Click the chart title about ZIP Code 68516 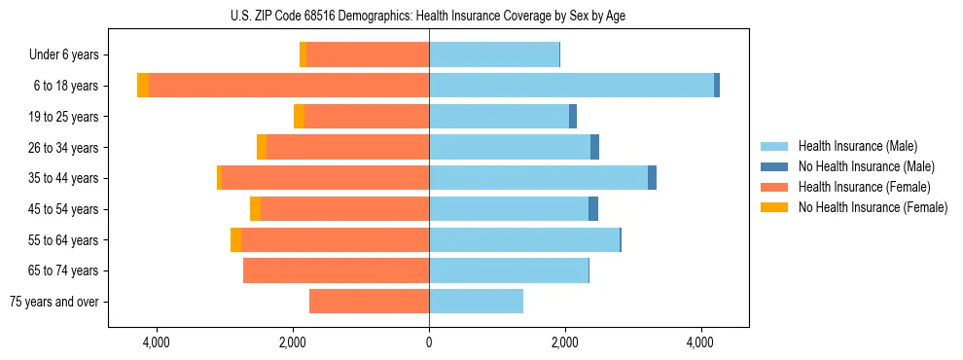pyautogui.click(x=428, y=15)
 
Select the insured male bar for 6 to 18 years pyautogui.click(x=571, y=86)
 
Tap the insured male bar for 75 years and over pyautogui.click(x=476, y=302)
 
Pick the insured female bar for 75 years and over pyautogui.click(x=369, y=302)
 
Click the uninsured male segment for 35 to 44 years pyautogui.click(x=652, y=178)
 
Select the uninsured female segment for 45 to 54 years pyautogui.click(x=255, y=209)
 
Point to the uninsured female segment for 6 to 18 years pyautogui.click(x=143, y=86)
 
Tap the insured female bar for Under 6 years pyautogui.click(x=368, y=54)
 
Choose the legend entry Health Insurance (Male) pyautogui.click(x=857, y=146)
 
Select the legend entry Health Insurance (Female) pyautogui.click(x=864, y=187)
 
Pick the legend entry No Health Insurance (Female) pyautogui.click(x=873, y=207)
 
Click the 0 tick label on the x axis pyautogui.click(x=429, y=342)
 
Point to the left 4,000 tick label pyautogui.click(x=157, y=342)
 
